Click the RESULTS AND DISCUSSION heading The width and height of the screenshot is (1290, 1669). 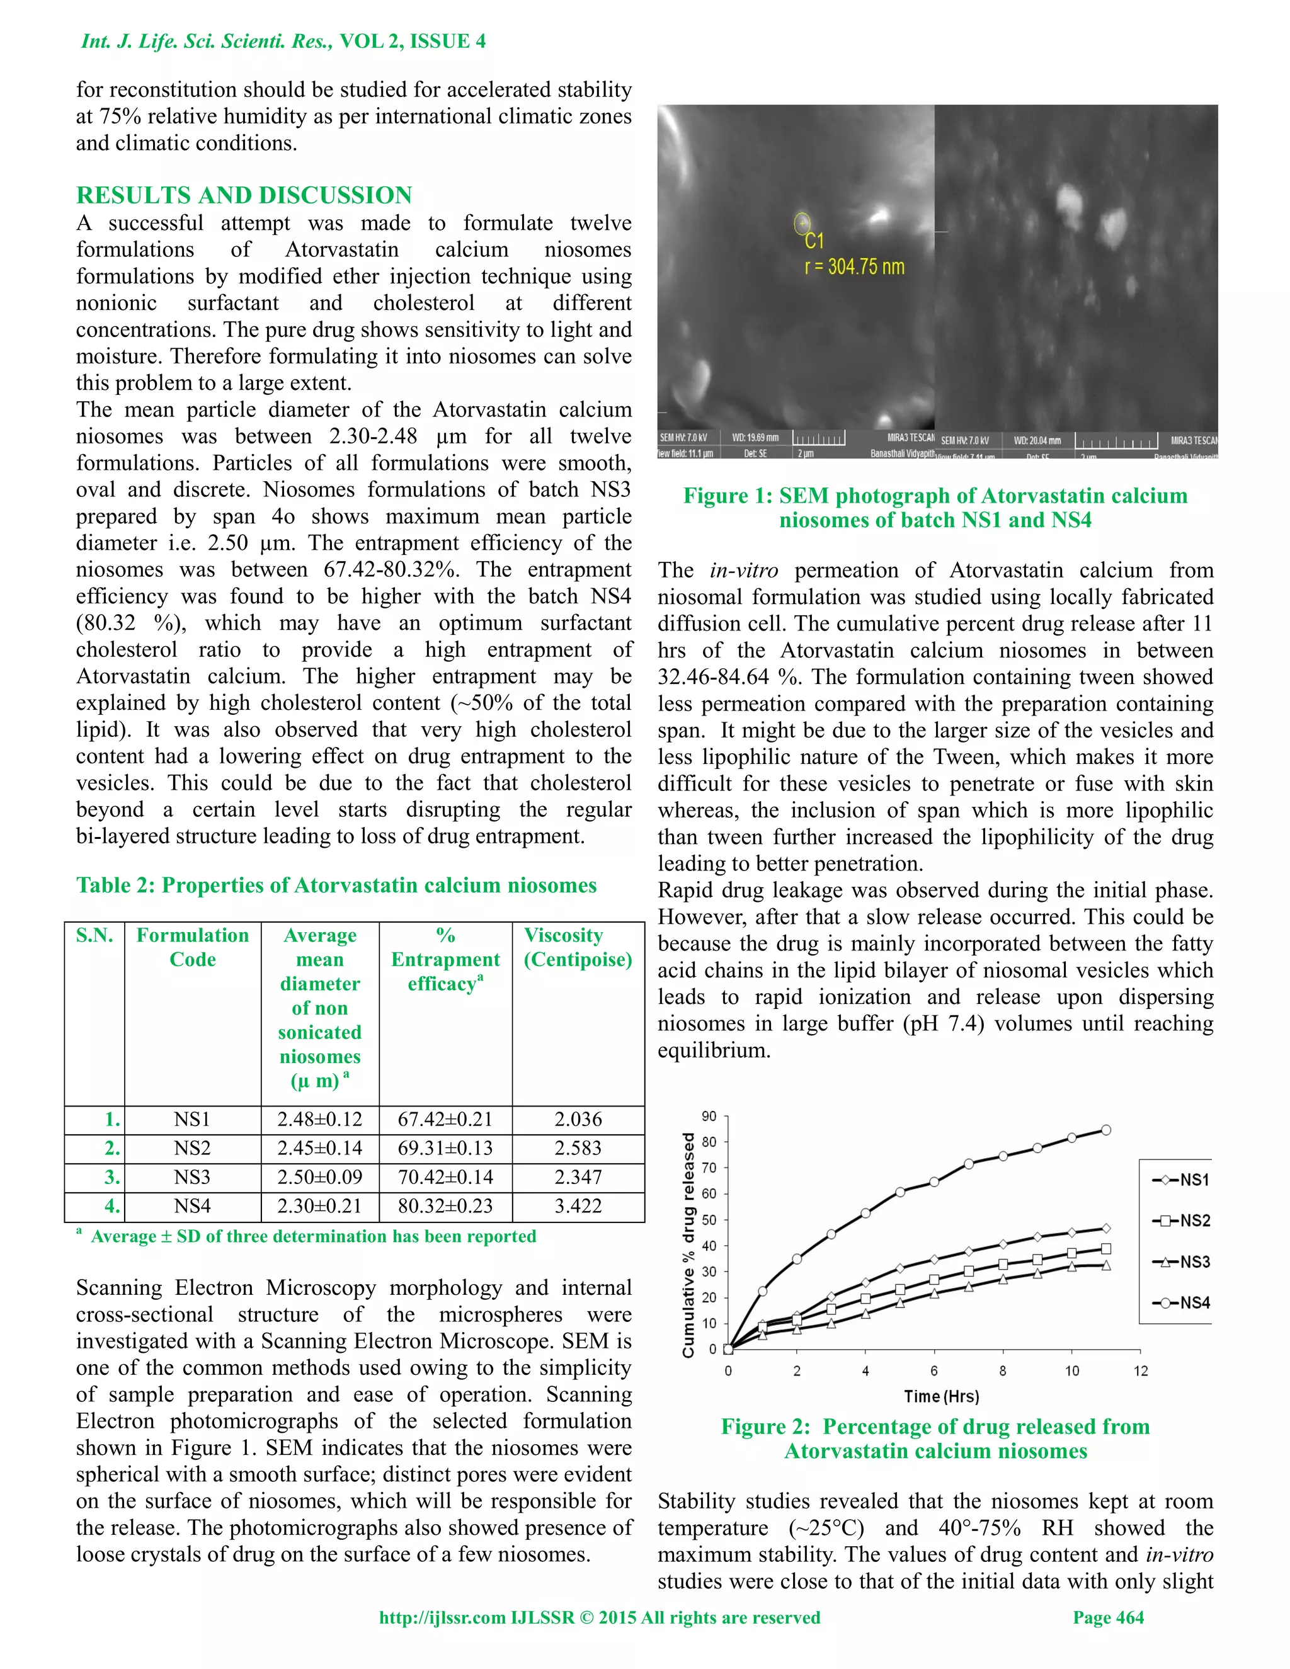pos(244,196)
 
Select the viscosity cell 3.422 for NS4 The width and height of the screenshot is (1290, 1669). pos(578,1206)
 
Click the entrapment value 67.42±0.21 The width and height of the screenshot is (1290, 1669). pos(445,1120)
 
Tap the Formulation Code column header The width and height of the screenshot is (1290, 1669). pos(193,948)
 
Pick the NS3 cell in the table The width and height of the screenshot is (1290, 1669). pos(192,1177)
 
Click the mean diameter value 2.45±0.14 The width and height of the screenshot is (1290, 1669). pos(319,1149)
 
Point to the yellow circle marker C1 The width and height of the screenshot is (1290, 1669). pos(802,223)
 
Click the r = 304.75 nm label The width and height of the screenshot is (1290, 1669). pos(854,266)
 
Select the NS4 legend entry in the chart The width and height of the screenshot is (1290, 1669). pos(1181,1303)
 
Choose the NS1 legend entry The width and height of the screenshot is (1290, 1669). pos(1181,1180)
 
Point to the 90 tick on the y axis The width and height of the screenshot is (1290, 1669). pos(709,1117)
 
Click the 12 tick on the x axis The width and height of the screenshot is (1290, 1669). pos(1140,1371)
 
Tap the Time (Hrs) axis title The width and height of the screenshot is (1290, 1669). pos(941,1396)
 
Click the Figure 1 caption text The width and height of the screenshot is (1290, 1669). pos(935,508)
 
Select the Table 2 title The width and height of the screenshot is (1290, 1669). pos(336,885)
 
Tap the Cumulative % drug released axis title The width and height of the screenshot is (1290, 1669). pos(688,1244)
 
